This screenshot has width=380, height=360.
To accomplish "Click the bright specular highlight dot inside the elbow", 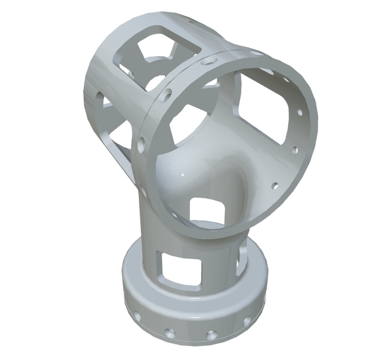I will pos(185,176).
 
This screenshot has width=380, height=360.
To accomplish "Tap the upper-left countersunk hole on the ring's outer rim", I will pos(168,94).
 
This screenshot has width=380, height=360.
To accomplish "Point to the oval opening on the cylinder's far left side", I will pos(99,95).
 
